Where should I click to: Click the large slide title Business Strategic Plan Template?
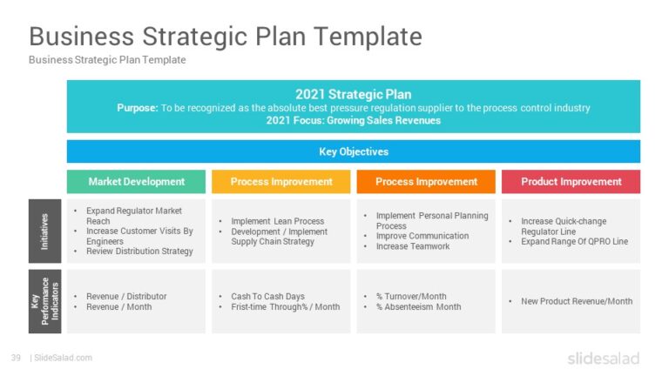pyautogui.click(x=226, y=37)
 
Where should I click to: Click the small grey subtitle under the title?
pyautogui.click(x=107, y=60)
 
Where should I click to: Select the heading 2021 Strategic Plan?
pyautogui.click(x=353, y=94)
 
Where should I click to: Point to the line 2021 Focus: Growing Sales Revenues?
pyautogui.click(x=353, y=121)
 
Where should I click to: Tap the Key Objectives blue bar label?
pyautogui.click(x=353, y=151)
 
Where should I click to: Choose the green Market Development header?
pyautogui.click(x=137, y=182)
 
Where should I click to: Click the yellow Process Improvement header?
pyautogui.click(x=281, y=182)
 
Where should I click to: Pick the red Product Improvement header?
pyautogui.click(x=571, y=182)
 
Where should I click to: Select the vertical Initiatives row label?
pyautogui.click(x=45, y=231)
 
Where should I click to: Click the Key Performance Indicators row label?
pyautogui.click(x=45, y=301)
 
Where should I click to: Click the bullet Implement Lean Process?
pyautogui.click(x=277, y=222)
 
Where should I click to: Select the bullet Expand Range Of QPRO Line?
pyautogui.click(x=574, y=241)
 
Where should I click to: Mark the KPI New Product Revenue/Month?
pyautogui.click(x=577, y=301)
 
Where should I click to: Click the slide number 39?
pyautogui.click(x=16, y=358)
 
